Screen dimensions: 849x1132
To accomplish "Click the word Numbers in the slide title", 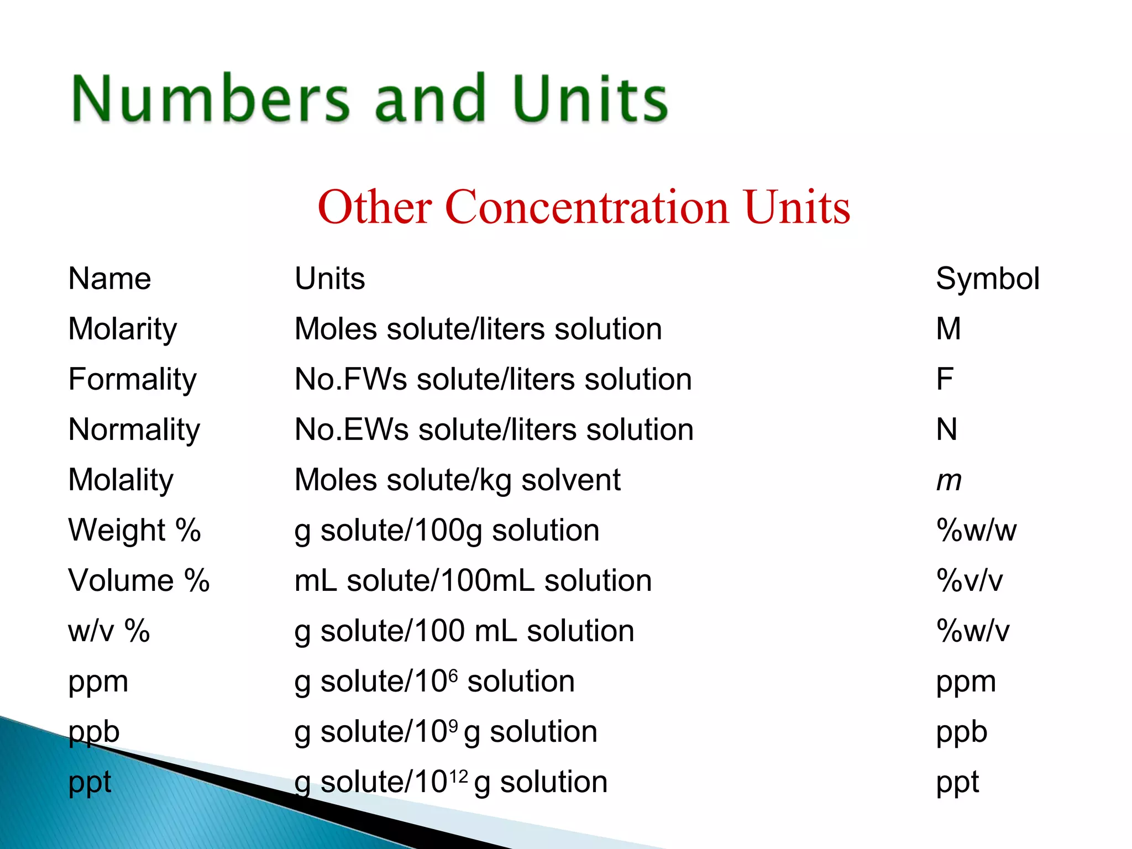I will click(x=210, y=99).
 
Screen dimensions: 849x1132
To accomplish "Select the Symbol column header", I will click(x=987, y=279).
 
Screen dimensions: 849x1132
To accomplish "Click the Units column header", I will click(x=330, y=279).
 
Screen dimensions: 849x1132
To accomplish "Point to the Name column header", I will click(x=109, y=279).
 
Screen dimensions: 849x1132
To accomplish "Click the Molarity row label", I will click(x=123, y=329).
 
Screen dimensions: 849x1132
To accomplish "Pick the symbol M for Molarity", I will click(x=948, y=329).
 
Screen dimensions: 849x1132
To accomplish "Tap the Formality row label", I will click(x=132, y=380).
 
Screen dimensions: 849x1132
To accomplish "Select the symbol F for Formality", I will click(x=945, y=379).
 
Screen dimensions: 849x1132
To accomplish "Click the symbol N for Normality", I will click(x=947, y=429).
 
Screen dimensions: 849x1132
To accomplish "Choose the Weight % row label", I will click(x=134, y=531).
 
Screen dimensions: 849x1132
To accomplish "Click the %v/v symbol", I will click(x=969, y=581).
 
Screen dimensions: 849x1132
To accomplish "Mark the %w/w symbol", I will click(x=976, y=531).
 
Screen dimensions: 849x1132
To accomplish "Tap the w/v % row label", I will click(x=109, y=631).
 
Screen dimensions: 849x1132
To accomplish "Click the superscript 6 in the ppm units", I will click(x=453, y=675).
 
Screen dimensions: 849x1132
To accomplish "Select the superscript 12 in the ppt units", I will click(x=459, y=776).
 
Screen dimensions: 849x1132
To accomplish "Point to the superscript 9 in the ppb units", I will click(x=453, y=726).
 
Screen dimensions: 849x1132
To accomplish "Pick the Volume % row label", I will click(x=139, y=581).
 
